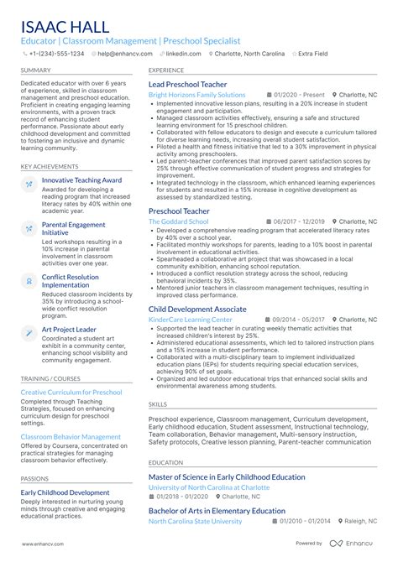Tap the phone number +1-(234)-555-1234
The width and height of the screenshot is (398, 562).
pos(55,53)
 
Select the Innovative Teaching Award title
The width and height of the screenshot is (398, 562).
pos(81,180)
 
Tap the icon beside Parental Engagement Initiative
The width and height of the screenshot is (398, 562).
pos(29,230)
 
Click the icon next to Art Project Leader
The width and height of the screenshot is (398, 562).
pos(29,333)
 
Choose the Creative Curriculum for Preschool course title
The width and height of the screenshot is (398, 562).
pos(71,393)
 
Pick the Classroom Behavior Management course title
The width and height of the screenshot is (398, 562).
pos(71,437)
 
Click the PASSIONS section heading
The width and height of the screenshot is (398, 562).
pos(35,478)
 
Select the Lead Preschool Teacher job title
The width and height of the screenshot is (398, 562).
pos(187,85)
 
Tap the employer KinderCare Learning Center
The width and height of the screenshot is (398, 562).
pos(191,320)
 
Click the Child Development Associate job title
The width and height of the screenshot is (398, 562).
pos(197,309)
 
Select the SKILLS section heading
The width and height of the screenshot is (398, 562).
pos(158,404)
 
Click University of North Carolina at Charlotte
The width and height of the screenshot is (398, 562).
pos(209,487)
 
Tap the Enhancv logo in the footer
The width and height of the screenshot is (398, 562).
pos(358,544)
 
